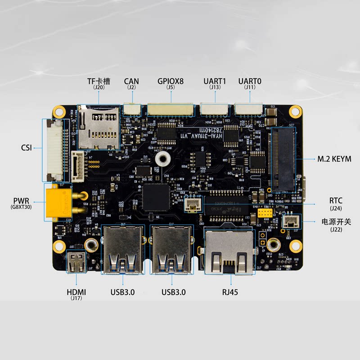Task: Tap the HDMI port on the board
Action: coord(76,262)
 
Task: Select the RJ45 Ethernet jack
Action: coord(229,252)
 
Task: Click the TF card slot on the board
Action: coord(99,127)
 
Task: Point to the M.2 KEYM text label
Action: coord(334,159)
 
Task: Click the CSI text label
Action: coord(26,147)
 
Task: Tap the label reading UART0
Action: coord(250,81)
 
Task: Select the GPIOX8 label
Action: coord(171,81)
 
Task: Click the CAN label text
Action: coord(131,81)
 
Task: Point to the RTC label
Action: coord(336,201)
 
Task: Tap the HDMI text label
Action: coord(76,292)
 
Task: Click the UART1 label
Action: coord(215,81)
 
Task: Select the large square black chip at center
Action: coord(156,196)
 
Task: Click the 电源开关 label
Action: coord(336,221)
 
